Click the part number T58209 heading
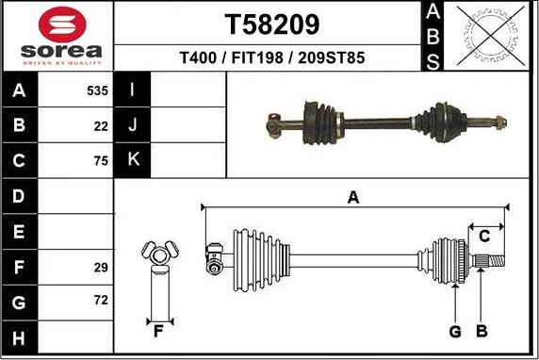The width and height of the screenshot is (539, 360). [x=271, y=24]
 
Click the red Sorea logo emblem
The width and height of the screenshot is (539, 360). [x=58, y=25]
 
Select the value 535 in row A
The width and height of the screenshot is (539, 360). [x=96, y=91]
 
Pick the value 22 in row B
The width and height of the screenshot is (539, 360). [x=101, y=125]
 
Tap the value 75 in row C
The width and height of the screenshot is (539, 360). [x=101, y=160]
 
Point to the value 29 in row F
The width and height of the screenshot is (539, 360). [x=101, y=268]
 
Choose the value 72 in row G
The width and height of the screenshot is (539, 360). [x=101, y=301]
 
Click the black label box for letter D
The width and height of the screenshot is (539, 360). [x=21, y=196]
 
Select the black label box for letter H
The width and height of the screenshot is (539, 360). [x=21, y=336]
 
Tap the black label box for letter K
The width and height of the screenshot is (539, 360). [x=133, y=159]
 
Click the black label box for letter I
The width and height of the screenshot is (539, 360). [x=133, y=90]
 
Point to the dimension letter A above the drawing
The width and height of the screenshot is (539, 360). [x=353, y=197]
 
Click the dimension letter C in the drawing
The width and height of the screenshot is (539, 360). [x=484, y=235]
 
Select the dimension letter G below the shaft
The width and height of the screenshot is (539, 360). [x=454, y=331]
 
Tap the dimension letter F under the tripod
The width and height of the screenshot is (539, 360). [x=158, y=331]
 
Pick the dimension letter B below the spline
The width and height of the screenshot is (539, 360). [x=482, y=331]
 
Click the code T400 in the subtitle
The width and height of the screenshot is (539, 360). [x=200, y=57]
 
